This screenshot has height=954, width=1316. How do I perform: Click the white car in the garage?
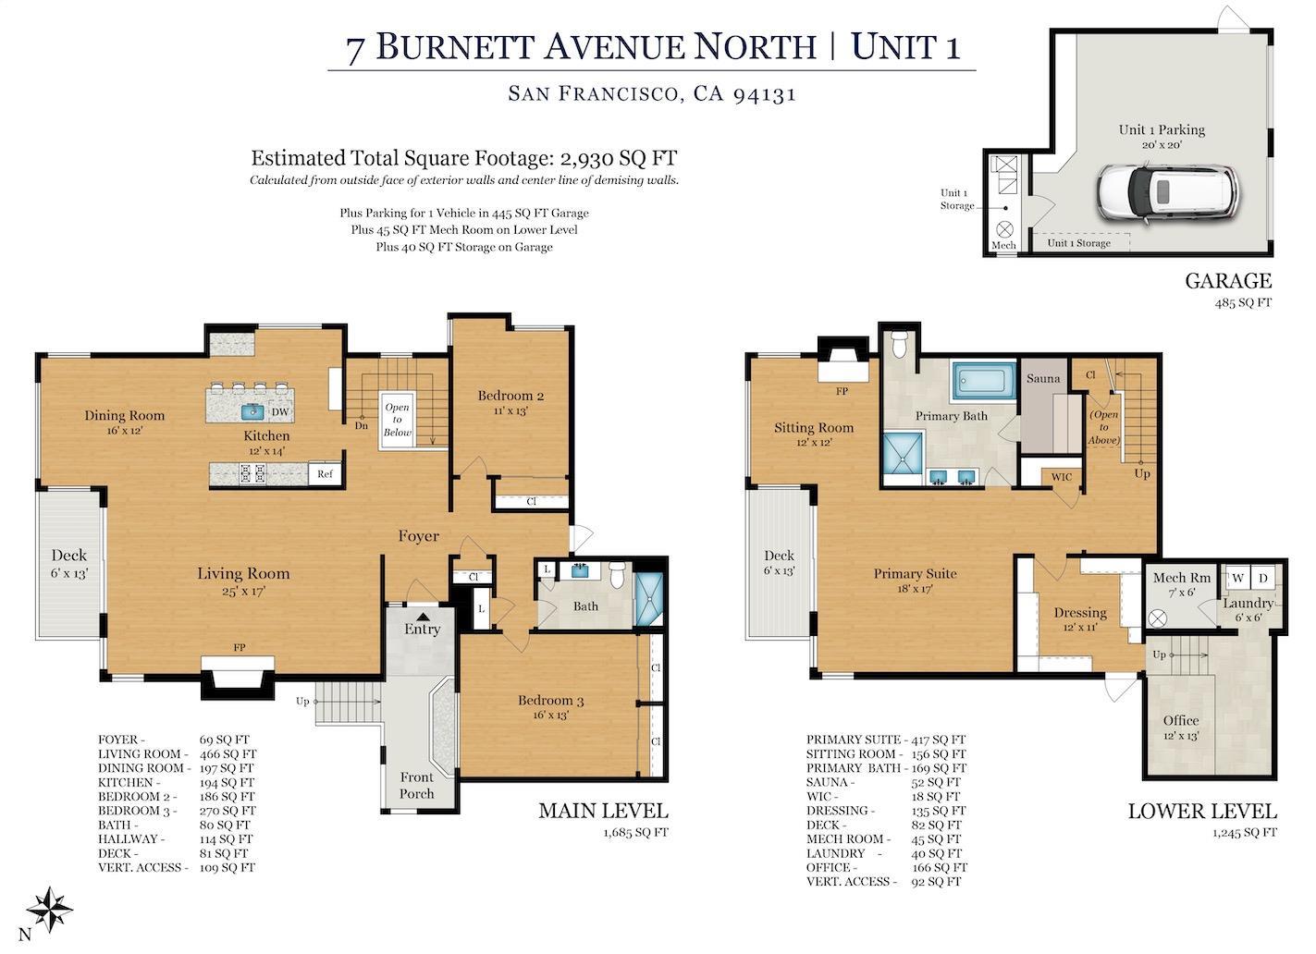1167,192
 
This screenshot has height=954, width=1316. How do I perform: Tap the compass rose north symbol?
49,910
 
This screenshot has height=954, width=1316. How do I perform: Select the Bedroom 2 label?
510,396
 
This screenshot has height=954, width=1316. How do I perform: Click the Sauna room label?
1043,379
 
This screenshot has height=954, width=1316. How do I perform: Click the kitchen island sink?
253,411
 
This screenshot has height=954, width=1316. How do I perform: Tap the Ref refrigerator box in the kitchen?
325,474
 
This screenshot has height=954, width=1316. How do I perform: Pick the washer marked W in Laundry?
1238,579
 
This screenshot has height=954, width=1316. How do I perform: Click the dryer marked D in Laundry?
1263,579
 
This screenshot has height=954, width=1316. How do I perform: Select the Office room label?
1181,720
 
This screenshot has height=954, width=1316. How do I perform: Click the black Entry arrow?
423,617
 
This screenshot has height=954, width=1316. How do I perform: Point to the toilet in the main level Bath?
616,575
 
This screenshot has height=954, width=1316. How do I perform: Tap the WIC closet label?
1061,477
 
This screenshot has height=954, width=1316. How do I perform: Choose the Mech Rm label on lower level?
1182,578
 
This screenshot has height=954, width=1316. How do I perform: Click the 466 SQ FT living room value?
228,753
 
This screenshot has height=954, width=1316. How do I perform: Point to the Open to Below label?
397,420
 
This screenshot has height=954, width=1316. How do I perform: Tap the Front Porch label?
416,785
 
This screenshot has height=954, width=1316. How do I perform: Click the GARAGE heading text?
1228,281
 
